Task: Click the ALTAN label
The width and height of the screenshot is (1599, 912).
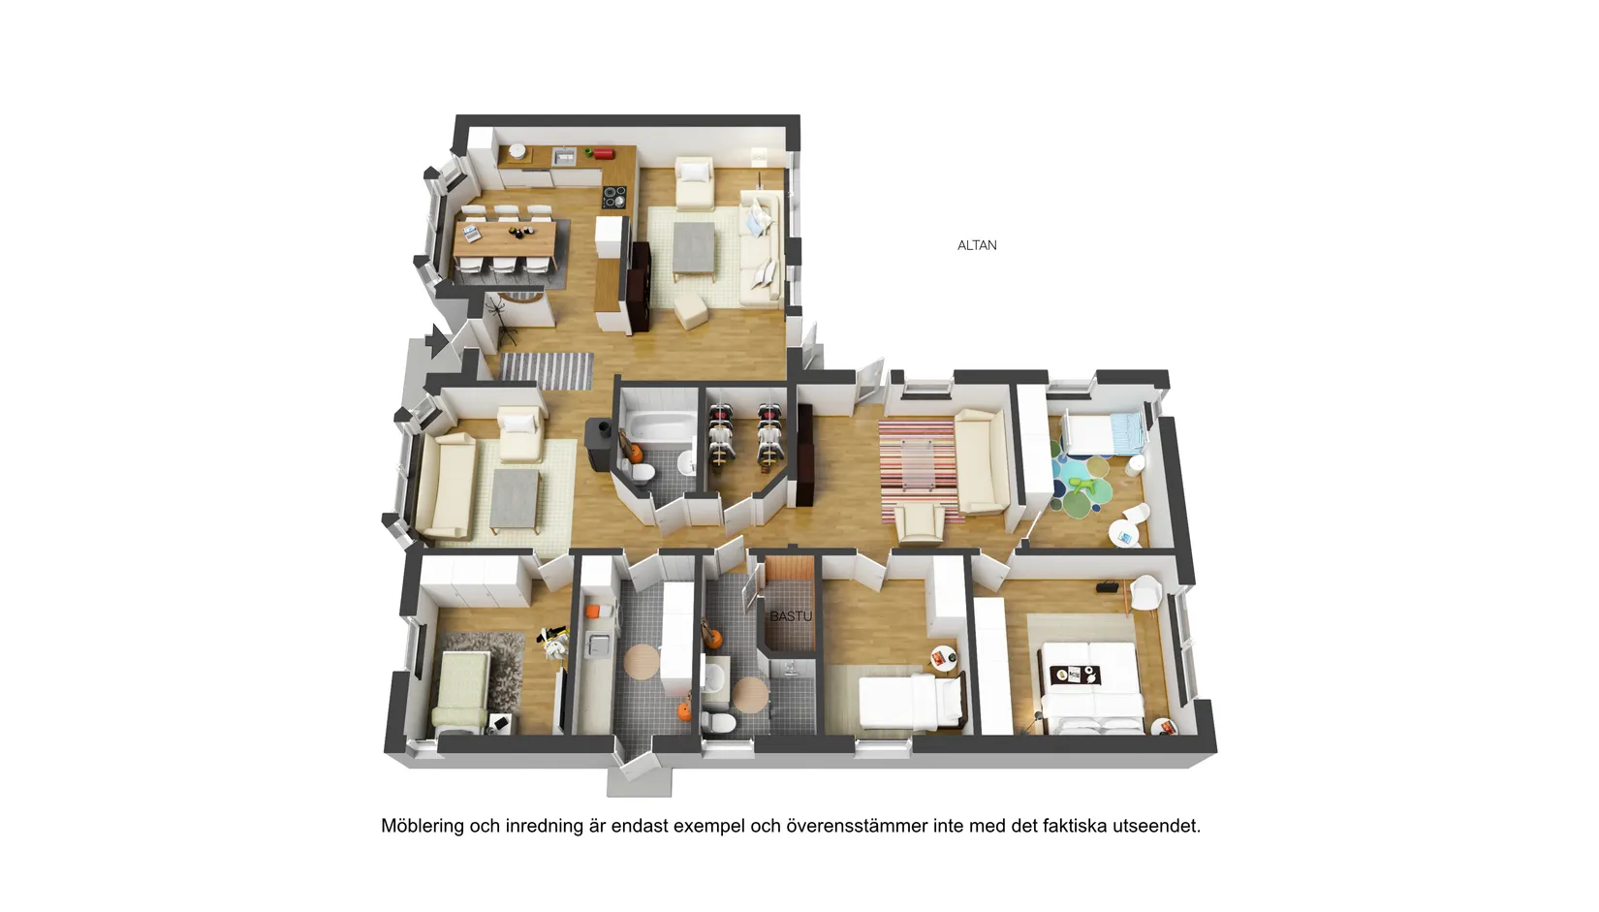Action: [x=977, y=245]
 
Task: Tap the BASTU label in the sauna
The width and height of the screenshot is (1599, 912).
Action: [x=790, y=615]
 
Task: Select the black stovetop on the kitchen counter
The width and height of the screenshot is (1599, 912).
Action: [x=613, y=197]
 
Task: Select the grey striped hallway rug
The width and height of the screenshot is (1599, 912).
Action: [x=547, y=370]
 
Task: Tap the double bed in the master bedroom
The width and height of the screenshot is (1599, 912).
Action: [x=1090, y=686]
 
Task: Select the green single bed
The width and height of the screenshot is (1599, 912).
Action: [x=462, y=690]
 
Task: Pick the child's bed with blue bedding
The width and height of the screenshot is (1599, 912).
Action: [x=1103, y=433]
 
